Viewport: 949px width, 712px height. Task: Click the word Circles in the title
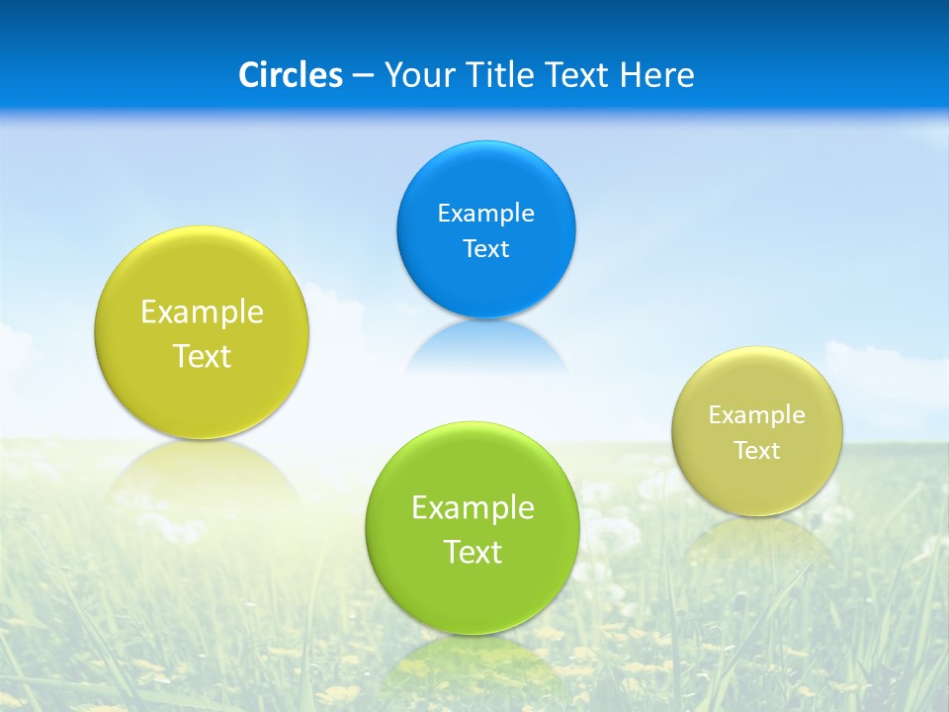[291, 75]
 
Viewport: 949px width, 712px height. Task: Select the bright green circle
[472, 593]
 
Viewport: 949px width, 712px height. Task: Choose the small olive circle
[757, 485]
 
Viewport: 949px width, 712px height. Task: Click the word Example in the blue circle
[485, 213]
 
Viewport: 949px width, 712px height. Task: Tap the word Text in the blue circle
[485, 248]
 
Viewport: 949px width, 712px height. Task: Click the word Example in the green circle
[473, 507]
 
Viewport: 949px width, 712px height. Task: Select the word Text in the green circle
[473, 552]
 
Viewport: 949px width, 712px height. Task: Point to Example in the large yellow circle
[202, 311]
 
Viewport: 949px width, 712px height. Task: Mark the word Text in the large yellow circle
[202, 356]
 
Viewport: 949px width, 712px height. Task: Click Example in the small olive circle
[757, 414]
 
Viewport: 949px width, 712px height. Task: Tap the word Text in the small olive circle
[757, 450]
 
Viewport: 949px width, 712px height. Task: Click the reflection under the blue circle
[485, 346]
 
